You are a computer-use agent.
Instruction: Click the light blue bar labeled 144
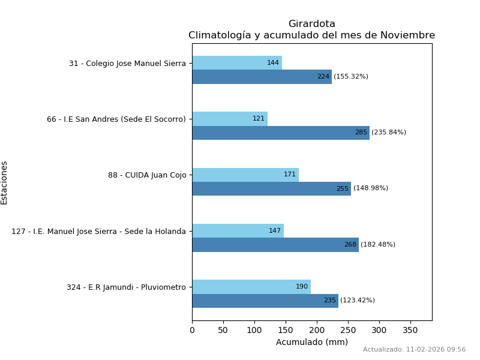coord(237,63)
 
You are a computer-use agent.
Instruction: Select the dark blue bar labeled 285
coord(280,133)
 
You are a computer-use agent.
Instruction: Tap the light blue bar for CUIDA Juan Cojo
coord(245,175)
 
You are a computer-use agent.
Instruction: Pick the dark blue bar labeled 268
coord(275,245)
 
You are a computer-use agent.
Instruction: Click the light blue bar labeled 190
coord(251,287)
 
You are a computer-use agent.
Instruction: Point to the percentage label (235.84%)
coord(389,133)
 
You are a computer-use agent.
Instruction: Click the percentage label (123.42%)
coord(358,301)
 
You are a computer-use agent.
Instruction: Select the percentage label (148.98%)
coord(371,188)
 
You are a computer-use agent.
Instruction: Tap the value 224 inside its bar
coord(323,77)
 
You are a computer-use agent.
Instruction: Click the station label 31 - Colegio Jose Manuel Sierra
coord(127,63)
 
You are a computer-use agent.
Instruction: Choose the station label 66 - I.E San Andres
coord(116,119)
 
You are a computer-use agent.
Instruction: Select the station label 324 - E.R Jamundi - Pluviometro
coord(126,287)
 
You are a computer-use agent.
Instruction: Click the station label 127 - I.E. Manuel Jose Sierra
coord(98,231)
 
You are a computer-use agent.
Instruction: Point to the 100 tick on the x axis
coord(254,330)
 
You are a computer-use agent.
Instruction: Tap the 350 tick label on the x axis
coord(410,330)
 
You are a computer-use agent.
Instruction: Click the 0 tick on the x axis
coord(192,330)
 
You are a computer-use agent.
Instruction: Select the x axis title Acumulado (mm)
coord(311,342)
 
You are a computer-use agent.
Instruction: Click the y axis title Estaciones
coord(4,182)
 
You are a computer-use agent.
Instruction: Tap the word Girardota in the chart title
coord(311,24)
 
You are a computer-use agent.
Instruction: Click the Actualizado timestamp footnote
coord(414,349)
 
